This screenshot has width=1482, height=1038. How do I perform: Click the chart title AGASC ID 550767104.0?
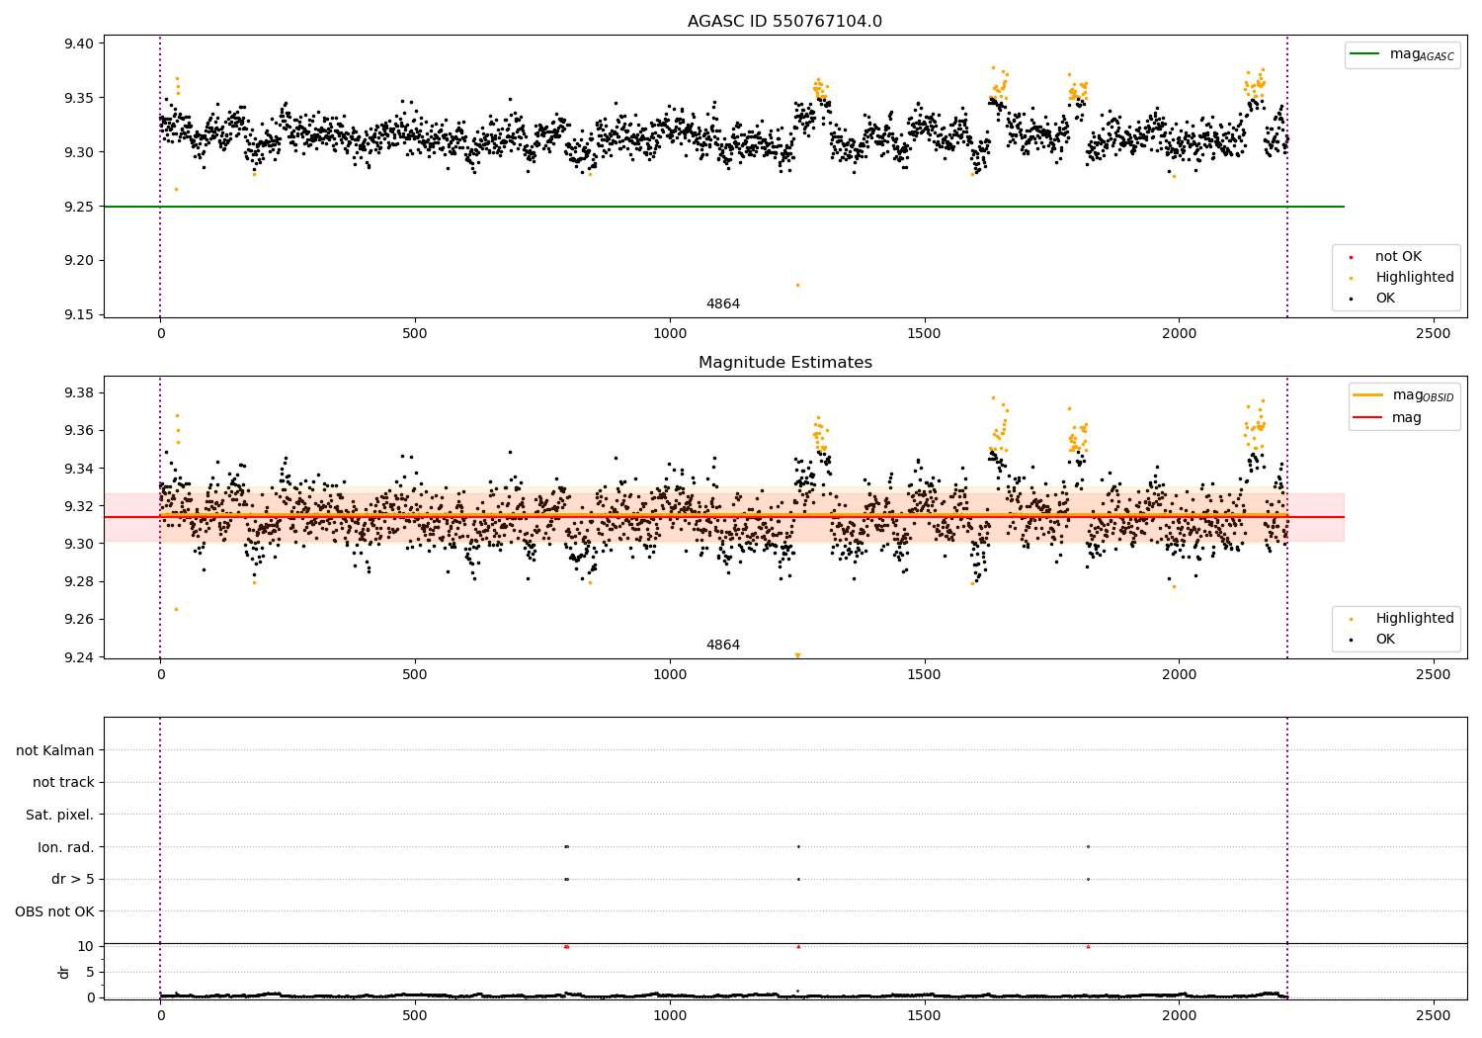tap(784, 22)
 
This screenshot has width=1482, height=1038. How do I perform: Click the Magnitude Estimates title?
tap(784, 363)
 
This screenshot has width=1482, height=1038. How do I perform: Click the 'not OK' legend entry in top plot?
tap(1397, 257)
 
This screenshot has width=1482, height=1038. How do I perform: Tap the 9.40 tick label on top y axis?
tap(78, 43)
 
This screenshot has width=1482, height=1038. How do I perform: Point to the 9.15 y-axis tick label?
tap(78, 314)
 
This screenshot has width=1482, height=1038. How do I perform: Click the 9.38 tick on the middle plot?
tap(78, 392)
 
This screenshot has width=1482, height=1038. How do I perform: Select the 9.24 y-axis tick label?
tap(78, 656)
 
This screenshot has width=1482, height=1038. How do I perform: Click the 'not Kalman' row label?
tap(55, 750)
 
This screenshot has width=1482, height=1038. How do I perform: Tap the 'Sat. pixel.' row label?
tap(59, 815)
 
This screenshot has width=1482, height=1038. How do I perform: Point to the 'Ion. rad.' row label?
tap(65, 847)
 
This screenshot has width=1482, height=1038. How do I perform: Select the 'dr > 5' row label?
tap(72, 879)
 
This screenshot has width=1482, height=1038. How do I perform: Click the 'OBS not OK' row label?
tap(54, 911)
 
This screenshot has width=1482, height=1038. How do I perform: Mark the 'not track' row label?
tap(63, 782)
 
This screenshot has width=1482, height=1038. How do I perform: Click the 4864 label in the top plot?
tap(722, 303)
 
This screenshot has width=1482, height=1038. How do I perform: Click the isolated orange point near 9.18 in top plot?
tap(797, 285)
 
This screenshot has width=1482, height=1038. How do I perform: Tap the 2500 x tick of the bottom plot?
tap(1434, 1014)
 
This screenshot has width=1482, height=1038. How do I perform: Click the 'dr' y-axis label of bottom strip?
tap(64, 972)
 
